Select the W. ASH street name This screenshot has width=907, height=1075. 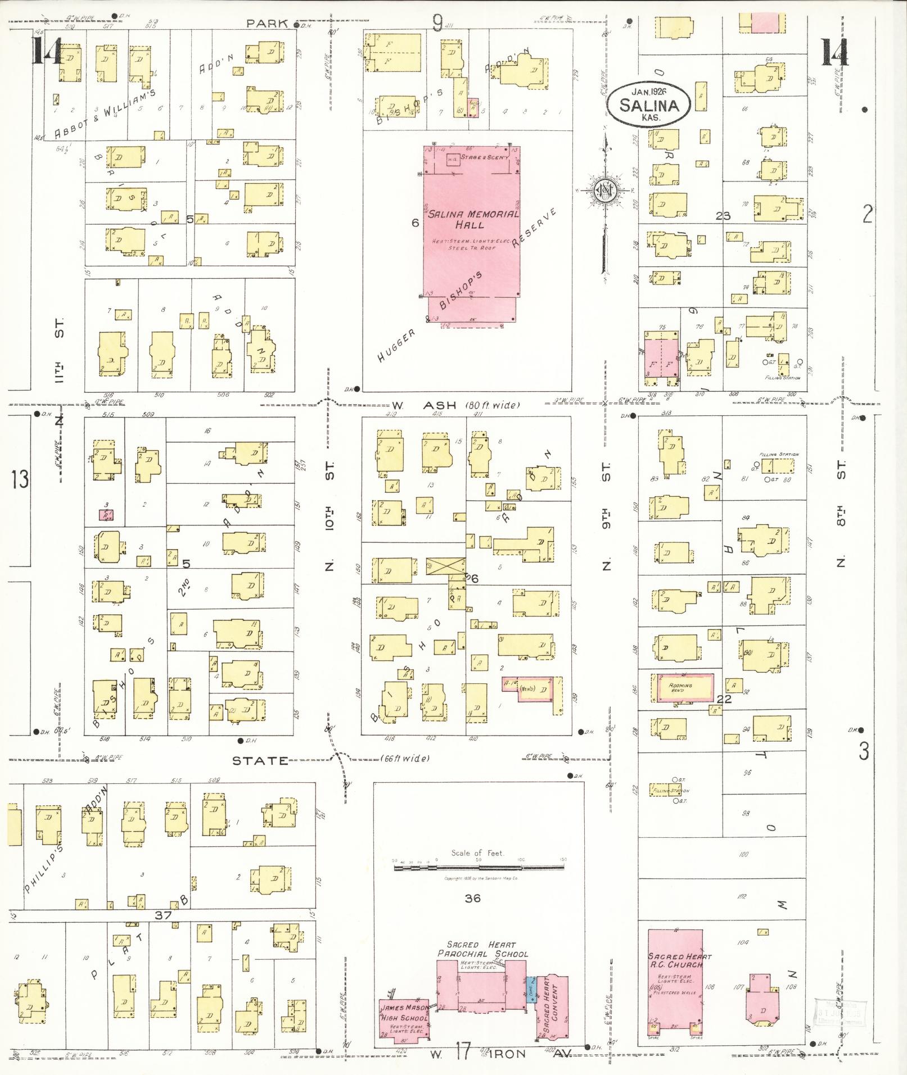pos(427,405)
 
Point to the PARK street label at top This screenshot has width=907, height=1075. pos(267,24)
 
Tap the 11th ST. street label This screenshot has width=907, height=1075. pos(60,348)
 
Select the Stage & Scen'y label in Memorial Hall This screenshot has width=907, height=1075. pos(485,157)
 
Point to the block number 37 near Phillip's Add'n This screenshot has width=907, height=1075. pos(163,915)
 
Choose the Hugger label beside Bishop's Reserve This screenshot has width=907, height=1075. pos(396,346)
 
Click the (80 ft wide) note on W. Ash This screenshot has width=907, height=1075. pos(493,405)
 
